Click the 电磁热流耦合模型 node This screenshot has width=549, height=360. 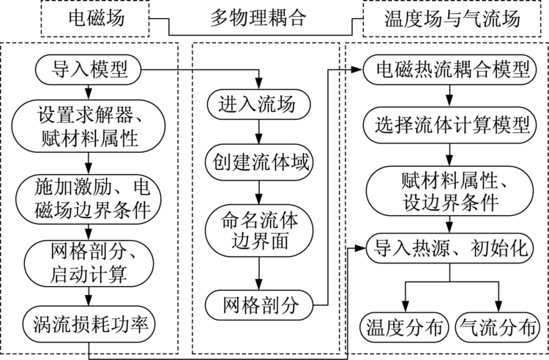pos(452,72)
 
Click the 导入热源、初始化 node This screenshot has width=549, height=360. pos(452,248)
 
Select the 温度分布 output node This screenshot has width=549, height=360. pos(402,325)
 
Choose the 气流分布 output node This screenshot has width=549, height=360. pos(499,325)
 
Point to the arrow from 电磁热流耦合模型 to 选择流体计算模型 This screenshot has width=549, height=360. pos(452,97)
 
